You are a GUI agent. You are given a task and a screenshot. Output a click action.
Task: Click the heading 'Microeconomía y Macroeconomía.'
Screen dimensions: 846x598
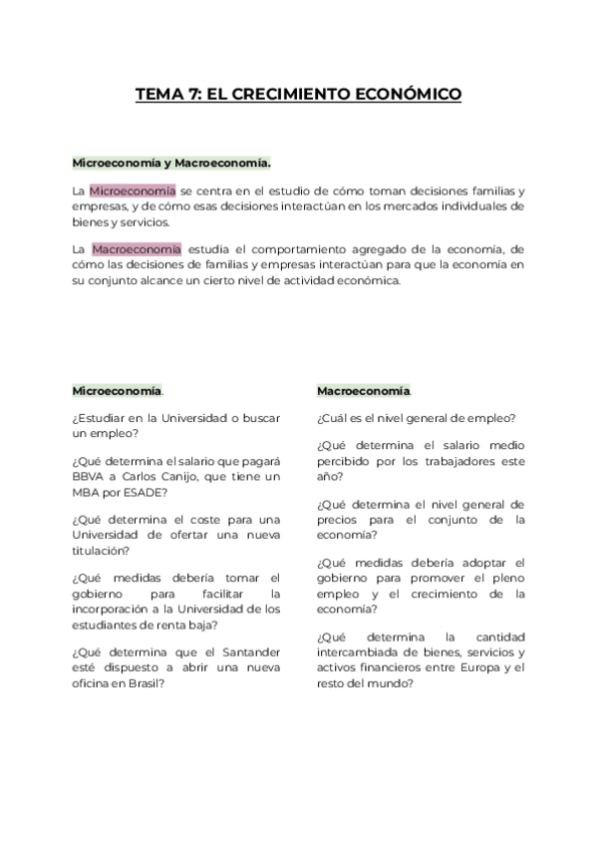171,162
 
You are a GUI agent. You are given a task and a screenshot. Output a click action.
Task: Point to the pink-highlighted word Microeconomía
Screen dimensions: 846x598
133,191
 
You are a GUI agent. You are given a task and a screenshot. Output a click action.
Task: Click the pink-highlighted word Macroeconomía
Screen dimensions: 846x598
136,248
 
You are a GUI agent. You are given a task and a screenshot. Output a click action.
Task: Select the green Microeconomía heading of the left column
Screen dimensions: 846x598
118,390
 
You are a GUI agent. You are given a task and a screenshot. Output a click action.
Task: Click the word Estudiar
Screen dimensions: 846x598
105,417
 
